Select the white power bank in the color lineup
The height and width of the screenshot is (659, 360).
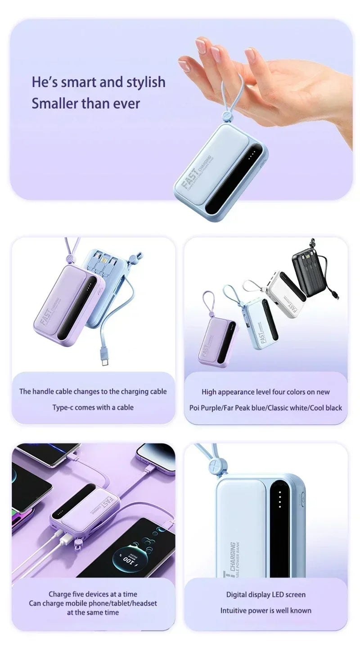pyautogui.click(x=284, y=293)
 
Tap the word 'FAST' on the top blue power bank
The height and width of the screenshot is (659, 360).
pyautogui.click(x=189, y=179)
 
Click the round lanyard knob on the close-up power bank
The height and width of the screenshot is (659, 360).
pyautogui.click(x=219, y=465)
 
